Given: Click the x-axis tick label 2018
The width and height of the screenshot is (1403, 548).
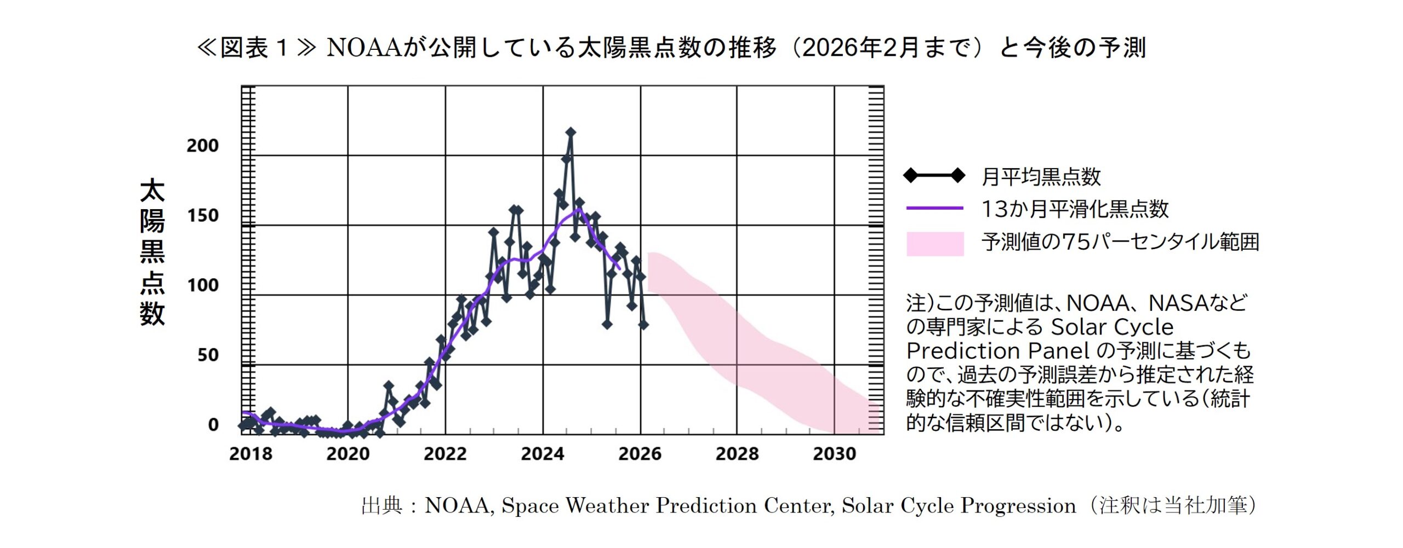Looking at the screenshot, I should (250, 454).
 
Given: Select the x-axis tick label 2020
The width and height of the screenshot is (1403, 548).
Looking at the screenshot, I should (348, 454).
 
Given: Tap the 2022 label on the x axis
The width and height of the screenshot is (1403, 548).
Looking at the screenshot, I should (445, 454).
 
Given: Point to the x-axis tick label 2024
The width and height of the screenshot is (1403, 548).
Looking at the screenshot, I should (543, 454).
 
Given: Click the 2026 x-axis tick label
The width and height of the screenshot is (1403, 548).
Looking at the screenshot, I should (640, 454).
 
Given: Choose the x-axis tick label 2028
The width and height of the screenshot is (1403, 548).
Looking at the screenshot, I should (737, 454).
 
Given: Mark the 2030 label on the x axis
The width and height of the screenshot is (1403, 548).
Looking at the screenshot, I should (834, 454).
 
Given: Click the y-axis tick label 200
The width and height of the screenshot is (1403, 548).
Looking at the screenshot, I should (203, 146).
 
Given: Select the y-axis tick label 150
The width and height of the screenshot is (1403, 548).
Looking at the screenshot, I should (203, 216).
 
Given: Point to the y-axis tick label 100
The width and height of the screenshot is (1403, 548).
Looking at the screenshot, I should (203, 285).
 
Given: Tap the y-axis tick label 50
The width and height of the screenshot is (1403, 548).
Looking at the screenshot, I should (208, 355).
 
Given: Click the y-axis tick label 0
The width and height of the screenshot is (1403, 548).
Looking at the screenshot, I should (213, 425).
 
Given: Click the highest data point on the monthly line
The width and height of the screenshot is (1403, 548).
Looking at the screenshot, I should (571, 132).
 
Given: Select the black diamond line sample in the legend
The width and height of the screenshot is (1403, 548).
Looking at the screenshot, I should (934, 176).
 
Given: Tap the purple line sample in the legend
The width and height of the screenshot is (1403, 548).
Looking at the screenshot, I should (935, 208).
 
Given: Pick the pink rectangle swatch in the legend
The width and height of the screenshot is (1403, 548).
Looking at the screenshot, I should (935, 244).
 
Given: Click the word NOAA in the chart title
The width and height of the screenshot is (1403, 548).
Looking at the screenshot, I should (364, 48).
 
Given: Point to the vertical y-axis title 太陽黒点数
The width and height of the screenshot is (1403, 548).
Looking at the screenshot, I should (152, 252).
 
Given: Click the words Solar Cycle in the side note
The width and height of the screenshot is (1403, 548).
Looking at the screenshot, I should (1112, 327).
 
